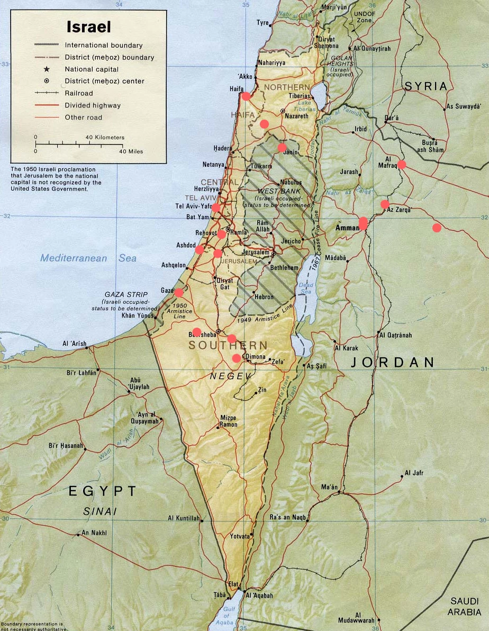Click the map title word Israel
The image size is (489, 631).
pyautogui.click(x=89, y=26)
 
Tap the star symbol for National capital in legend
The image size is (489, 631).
pyautogui.click(x=47, y=69)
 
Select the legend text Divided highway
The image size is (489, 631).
pyautogui.click(x=93, y=105)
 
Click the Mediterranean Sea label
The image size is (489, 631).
pyautogui.click(x=88, y=258)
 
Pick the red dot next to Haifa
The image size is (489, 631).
pyautogui.click(x=246, y=96)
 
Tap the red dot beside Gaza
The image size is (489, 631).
pyautogui.click(x=179, y=292)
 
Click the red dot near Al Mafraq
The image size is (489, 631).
pyautogui.click(x=402, y=164)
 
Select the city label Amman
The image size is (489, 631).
pyautogui.click(x=347, y=228)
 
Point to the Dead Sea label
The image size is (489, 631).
pyautogui.click(x=306, y=289)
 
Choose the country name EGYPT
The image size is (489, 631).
pyautogui.click(x=103, y=491)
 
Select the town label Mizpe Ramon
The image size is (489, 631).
pyautogui.click(x=229, y=421)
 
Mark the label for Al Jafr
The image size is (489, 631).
pyautogui.click(x=414, y=473)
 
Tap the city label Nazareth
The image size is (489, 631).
pyautogui.click(x=297, y=116)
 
